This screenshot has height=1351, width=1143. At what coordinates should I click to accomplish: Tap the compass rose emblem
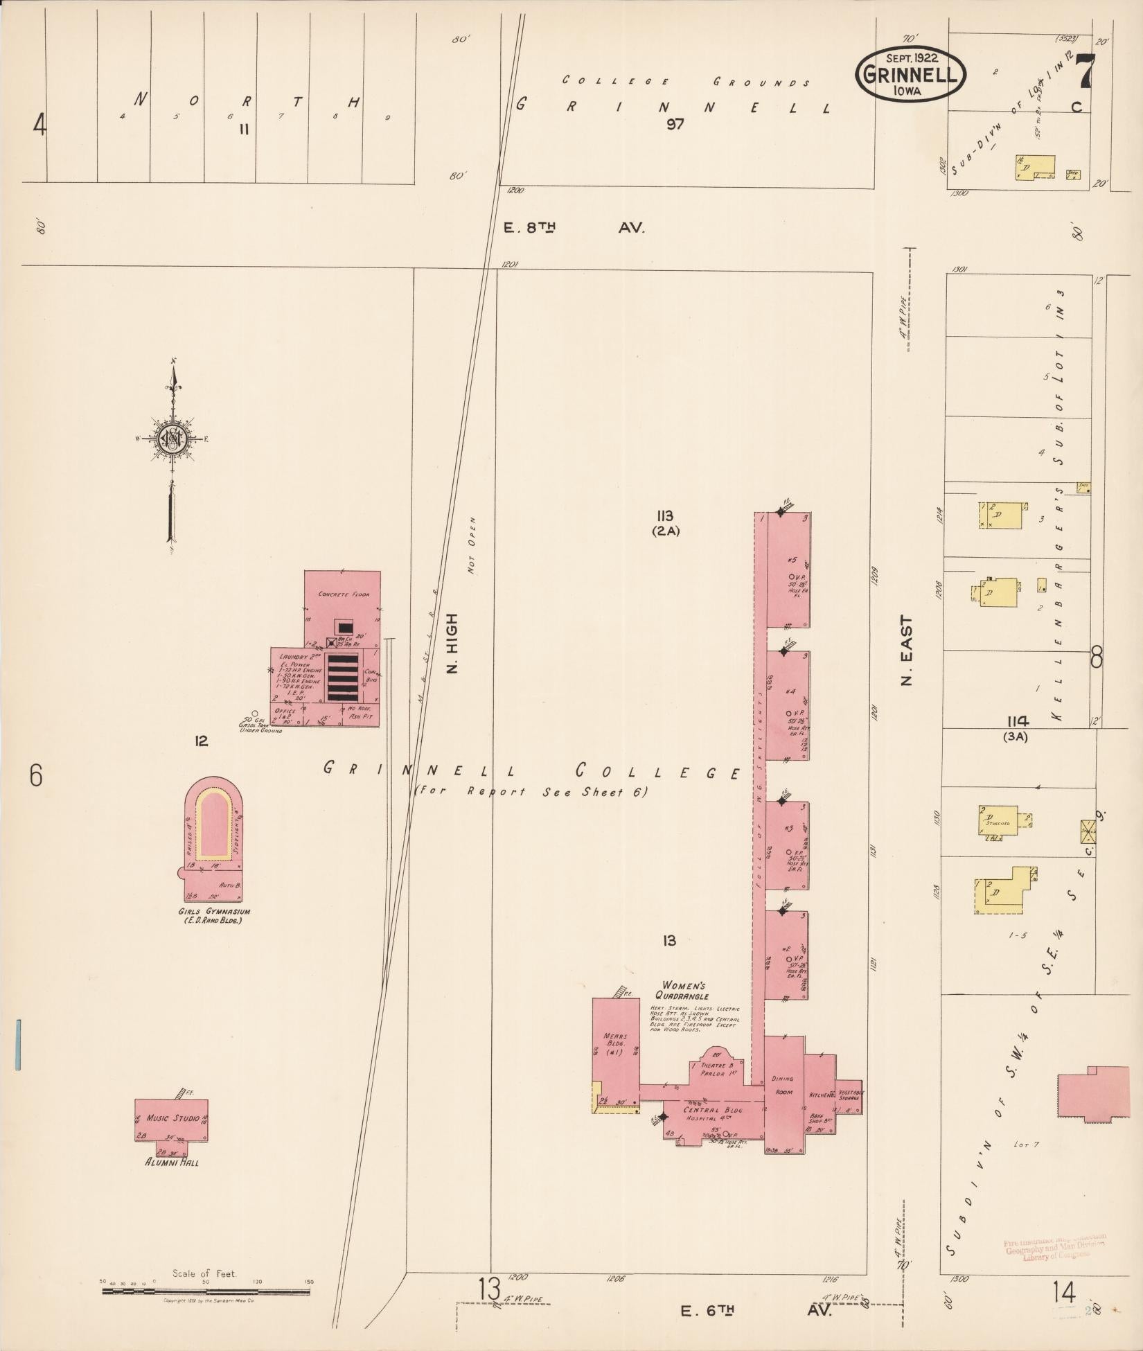click(170, 439)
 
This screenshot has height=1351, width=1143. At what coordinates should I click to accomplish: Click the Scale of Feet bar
click(206, 1291)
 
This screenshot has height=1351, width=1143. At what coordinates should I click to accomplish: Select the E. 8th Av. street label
click(575, 227)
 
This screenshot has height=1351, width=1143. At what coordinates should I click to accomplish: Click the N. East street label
click(907, 651)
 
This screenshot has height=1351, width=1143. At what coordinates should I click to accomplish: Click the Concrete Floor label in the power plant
click(344, 594)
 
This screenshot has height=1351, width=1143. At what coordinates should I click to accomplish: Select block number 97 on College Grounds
click(675, 124)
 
